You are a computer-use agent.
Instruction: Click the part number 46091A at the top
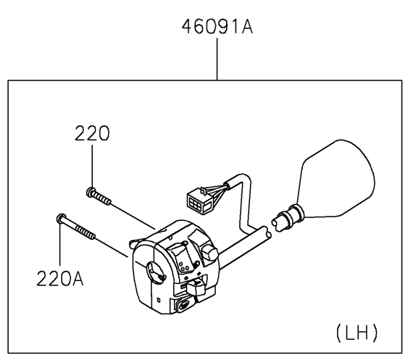pos(217,27)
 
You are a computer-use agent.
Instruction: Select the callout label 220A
pos(60,278)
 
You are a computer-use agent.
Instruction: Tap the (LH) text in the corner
pos(357,332)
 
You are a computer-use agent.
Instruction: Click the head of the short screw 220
pos(91,191)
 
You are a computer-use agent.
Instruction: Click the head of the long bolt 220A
pos(61,218)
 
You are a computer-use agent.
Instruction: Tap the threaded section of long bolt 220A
pos(86,233)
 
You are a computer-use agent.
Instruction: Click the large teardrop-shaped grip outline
pos(338,180)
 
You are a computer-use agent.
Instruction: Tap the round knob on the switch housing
pos(209,252)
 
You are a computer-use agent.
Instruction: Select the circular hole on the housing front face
pos(156,272)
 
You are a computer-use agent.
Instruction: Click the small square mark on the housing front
pos(159,300)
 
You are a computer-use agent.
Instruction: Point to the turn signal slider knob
pos(196,286)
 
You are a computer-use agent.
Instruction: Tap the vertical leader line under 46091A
pos(217,59)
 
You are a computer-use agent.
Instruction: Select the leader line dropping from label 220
pos(92,166)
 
